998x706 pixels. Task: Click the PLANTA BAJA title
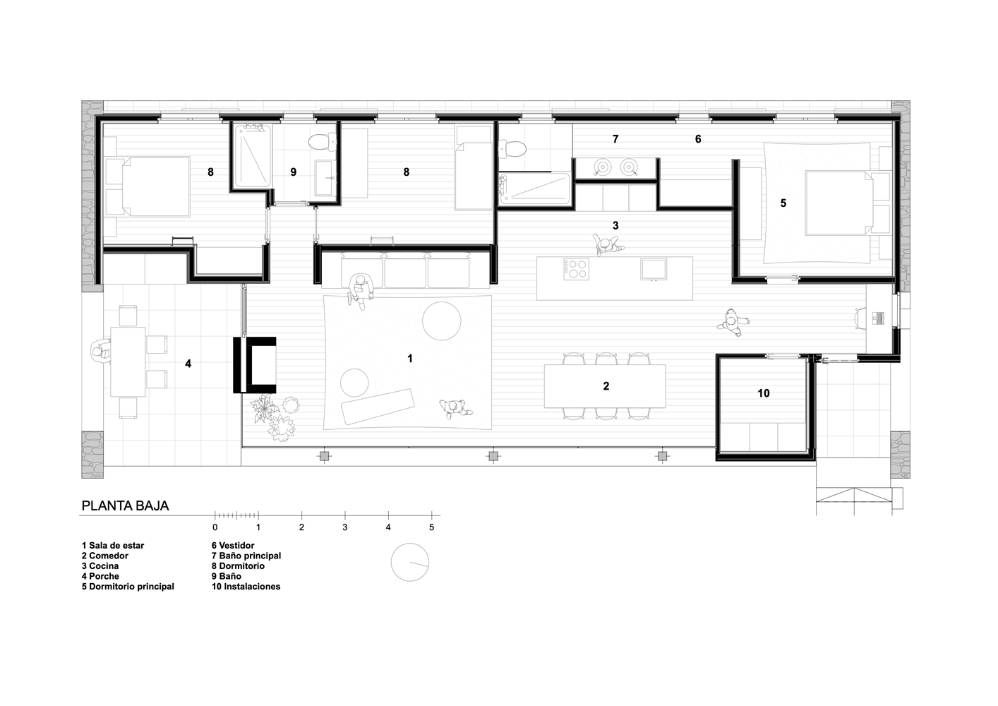(x=125, y=506)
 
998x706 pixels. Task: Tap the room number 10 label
(x=763, y=393)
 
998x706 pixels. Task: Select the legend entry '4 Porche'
(x=100, y=576)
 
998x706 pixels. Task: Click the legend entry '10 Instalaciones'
(x=246, y=586)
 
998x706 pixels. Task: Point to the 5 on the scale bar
(x=431, y=527)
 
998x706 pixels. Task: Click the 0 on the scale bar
(x=215, y=527)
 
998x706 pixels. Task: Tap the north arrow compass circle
(x=410, y=562)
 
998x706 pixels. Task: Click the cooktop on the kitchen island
(x=576, y=269)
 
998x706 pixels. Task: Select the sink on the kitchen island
(x=654, y=269)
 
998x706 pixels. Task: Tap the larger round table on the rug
(x=441, y=321)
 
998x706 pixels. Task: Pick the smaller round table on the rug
(x=354, y=383)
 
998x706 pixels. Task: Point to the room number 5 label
(x=783, y=203)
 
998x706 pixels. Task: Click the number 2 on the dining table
(x=606, y=386)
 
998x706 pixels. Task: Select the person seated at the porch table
(x=101, y=352)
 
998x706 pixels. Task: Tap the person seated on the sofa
(x=359, y=290)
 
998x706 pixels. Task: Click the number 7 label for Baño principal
(x=615, y=139)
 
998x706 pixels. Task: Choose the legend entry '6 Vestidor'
(x=233, y=545)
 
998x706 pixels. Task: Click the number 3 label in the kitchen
(x=615, y=225)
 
